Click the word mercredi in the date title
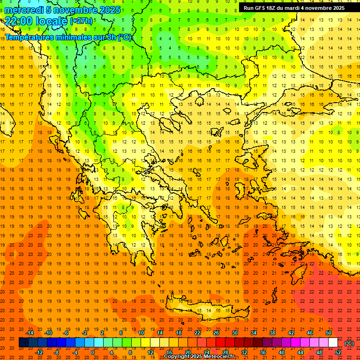pos(24,10)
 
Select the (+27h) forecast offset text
pos(81,21)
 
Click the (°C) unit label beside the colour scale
pos(349,343)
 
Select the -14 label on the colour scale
pos(30,333)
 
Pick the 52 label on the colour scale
pos(338,352)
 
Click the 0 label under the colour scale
pos(92,352)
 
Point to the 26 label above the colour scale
pos(216,333)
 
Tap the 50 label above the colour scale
pos(329,333)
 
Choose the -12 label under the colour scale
pos(39,352)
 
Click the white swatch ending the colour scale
pos(333,343)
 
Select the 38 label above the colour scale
pos(272,333)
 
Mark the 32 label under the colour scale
pos(244,352)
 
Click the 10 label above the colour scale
pos(141,333)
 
